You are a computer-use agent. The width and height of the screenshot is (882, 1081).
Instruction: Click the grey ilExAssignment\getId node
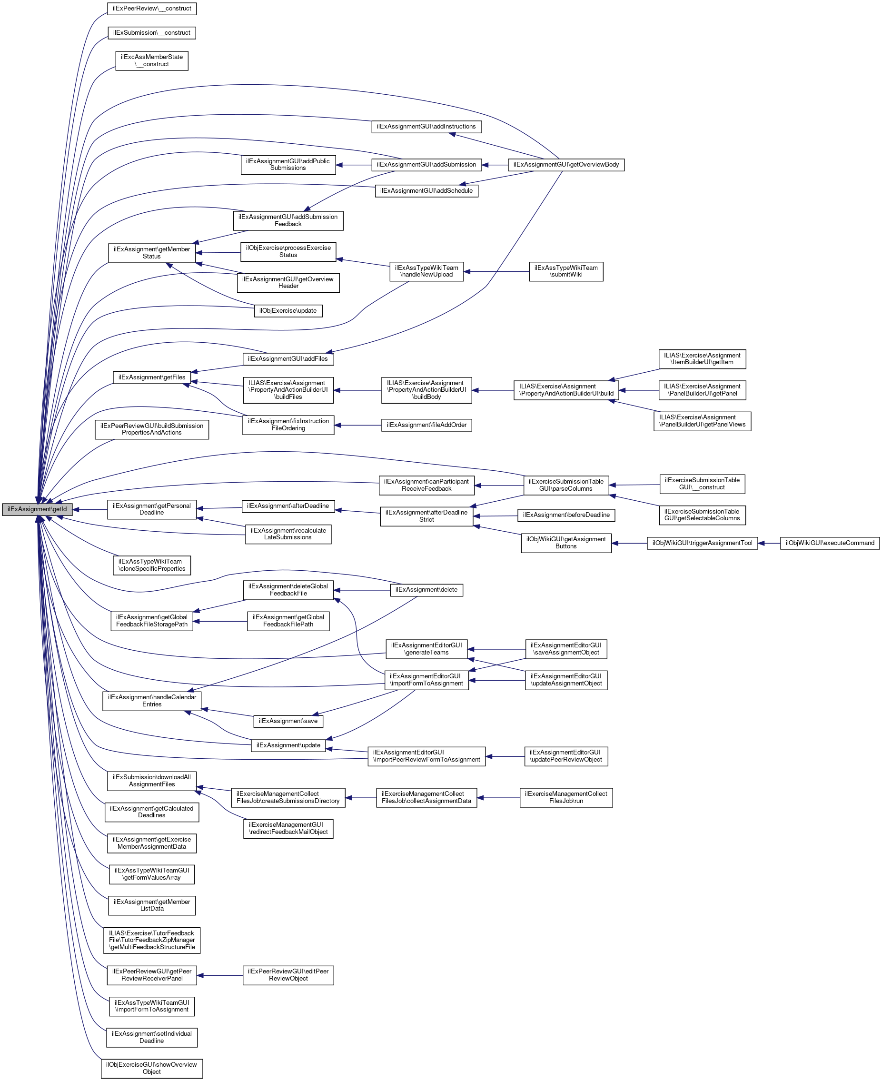pos(37,509)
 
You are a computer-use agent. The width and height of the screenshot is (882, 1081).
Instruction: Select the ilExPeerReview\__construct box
pos(152,9)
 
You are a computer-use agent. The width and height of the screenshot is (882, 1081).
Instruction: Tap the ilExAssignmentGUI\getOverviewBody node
pos(566,165)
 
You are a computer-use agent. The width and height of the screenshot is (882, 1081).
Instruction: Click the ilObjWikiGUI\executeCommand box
pos(830,543)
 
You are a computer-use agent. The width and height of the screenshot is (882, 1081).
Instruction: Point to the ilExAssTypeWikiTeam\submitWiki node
pos(566,271)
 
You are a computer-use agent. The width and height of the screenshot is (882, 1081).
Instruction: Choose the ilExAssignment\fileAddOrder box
pos(426,425)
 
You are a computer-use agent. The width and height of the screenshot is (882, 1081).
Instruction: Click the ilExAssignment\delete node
pos(426,590)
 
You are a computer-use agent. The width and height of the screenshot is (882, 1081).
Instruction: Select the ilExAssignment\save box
pos(288,721)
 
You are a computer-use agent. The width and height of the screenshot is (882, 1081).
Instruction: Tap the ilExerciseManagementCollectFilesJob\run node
pos(566,798)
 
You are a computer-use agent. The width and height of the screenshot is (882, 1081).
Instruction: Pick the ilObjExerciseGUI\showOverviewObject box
pos(151,1068)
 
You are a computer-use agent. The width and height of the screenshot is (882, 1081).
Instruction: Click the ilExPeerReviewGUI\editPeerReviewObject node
pos(288,975)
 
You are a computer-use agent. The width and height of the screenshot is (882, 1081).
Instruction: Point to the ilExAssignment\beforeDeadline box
pos(566,515)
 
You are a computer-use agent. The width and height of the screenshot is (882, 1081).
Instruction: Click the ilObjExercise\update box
pos(288,311)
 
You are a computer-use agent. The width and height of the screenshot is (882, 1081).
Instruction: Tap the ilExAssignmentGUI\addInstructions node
pos(426,127)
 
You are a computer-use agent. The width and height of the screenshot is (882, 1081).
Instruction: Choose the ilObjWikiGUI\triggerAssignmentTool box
pos(702,543)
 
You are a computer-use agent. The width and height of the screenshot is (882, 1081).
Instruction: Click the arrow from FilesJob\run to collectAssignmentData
pos(498,798)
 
